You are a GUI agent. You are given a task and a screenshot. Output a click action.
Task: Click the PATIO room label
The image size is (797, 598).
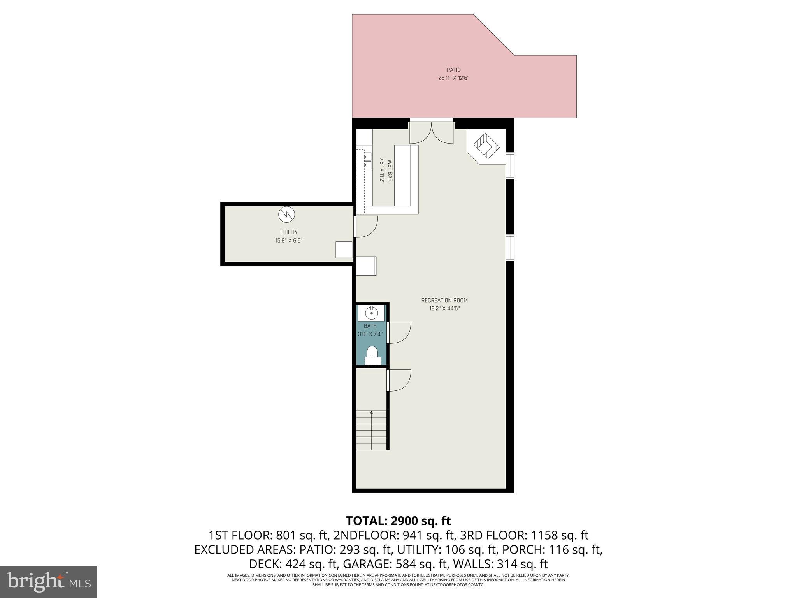point(453,70)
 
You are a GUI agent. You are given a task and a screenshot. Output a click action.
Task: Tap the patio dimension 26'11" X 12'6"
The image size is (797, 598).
point(453,78)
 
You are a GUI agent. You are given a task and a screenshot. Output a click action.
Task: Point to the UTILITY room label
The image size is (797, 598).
point(289,232)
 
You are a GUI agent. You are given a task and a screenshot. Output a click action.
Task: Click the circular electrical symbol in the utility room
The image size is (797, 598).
point(286,214)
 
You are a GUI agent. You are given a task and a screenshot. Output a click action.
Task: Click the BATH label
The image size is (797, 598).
point(370,326)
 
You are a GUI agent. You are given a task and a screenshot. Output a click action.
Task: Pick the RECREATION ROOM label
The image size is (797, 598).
point(444,301)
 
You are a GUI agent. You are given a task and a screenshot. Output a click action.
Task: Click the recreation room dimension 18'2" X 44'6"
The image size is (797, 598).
point(444,309)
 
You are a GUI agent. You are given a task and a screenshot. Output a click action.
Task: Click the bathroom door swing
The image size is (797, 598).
point(400,332)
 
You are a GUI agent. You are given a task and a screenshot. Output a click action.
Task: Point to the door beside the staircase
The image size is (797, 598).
point(399,380)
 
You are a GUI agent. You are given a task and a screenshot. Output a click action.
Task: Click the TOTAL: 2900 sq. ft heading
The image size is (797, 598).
point(398,521)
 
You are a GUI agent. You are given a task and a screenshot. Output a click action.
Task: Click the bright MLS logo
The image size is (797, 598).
point(49,581)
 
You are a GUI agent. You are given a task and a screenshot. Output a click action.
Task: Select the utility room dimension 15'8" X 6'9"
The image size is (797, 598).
point(289,241)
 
